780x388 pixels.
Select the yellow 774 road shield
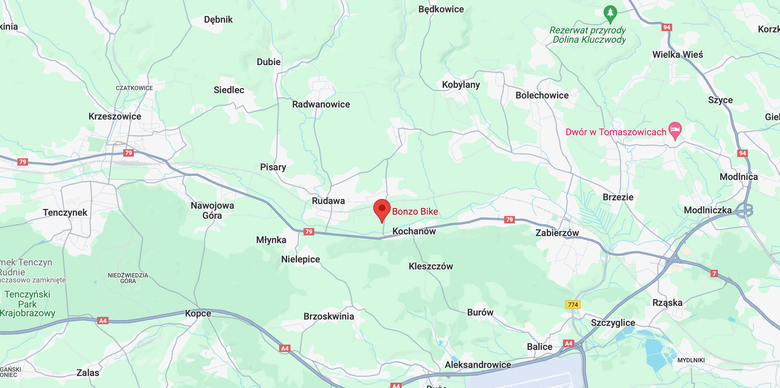click(573, 305)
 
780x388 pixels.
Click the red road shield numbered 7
click(714, 274)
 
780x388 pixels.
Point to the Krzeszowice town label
click(115, 117)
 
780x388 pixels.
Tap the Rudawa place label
click(328, 201)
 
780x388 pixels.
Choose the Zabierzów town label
click(557, 233)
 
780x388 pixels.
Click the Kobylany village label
click(461, 85)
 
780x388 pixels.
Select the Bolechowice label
click(542, 95)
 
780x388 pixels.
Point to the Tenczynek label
click(65, 212)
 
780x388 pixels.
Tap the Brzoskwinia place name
click(329, 316)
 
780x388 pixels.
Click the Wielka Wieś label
click(677, 54)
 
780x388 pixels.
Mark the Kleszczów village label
click(431, 266)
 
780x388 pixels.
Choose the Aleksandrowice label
click(477, 365)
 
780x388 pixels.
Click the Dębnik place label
click(218, 20)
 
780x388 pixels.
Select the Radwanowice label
click(321, 105)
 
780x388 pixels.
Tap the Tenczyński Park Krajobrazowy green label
click(27, 304)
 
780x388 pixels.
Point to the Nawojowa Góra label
click(212, 210)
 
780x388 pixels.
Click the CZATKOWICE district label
click(134, 88)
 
